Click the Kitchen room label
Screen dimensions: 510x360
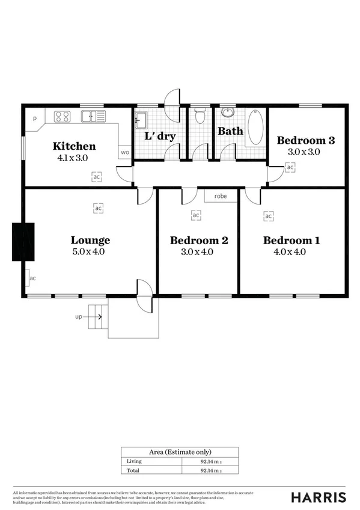(x=74, y=146)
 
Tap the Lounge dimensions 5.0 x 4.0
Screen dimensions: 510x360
(x=88, y=252)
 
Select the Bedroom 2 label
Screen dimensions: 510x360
(x=199, y=241)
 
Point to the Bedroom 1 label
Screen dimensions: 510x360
(x=291, y=241)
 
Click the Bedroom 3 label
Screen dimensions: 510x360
(x=305, y=141)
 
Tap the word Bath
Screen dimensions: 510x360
(x=230, y=131)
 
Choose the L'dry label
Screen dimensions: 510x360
(x=160, y=136)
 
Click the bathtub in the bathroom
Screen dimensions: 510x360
(x=255, y=126)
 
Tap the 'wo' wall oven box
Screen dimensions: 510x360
(x=125, y=152)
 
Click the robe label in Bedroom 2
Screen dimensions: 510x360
(x=220, y=196)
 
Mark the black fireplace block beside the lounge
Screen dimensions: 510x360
(x=23, y=242)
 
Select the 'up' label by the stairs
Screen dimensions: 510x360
(x=78, y=316)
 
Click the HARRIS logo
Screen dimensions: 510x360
(x=318, y=497)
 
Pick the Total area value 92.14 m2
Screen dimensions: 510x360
(x=212, y=470)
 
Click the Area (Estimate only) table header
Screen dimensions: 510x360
(x=180, y=452)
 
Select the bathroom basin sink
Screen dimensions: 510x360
(x=228, y=112)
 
